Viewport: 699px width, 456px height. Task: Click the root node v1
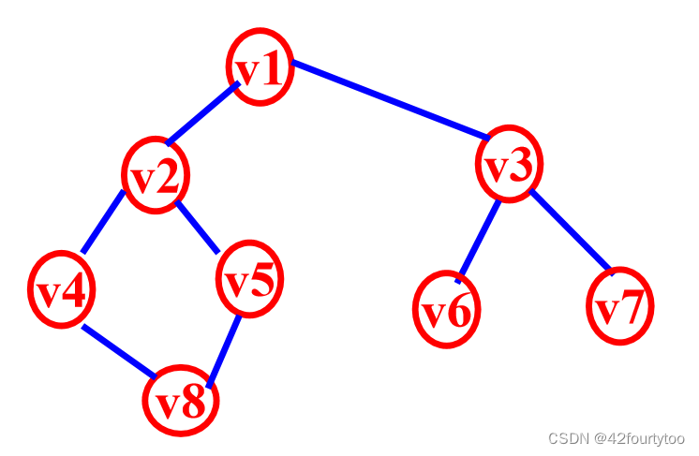260,67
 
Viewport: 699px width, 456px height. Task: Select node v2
155,175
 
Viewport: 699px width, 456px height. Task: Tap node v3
509,165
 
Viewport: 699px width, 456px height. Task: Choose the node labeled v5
249,279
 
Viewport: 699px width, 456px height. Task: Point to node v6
446,309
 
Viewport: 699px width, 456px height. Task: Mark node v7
619,306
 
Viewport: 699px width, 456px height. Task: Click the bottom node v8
180,401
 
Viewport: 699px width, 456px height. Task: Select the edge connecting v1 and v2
202,114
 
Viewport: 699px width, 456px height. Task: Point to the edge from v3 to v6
478,240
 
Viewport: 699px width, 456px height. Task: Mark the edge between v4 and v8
119,351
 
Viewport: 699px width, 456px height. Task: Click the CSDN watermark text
616,438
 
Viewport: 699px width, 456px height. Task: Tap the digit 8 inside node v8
194,403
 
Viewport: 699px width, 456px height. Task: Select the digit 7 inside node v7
634,307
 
